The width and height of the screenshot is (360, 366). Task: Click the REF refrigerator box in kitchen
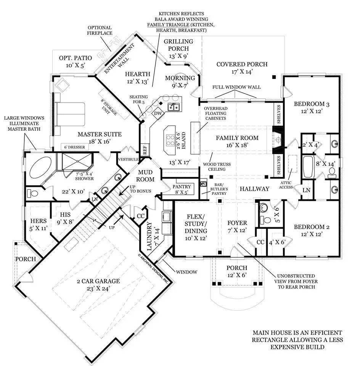click(x=145, y=150)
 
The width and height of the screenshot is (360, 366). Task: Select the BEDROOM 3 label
click(x=311, y=108)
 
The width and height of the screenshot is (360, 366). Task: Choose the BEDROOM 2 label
click(x=311, y=230)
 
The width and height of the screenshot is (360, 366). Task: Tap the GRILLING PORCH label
click(x=178, y=45)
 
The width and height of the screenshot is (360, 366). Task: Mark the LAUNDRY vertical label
click(x=150, y=237)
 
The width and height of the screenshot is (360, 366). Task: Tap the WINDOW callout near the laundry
click(x=186, y=272)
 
